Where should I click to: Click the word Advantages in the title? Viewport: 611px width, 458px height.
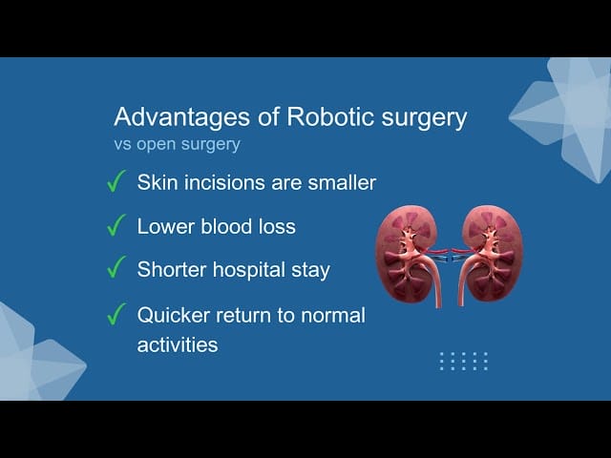[x=182, y=117]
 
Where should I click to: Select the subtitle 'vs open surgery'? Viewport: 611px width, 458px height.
[x=177, y=144]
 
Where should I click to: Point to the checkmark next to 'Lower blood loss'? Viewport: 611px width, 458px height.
[x=116, y=225]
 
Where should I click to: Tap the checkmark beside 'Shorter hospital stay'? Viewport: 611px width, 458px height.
[x=116, y=267]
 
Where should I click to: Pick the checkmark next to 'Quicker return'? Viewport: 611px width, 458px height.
[x=116, y=314]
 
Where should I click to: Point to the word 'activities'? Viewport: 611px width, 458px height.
[x=178, y=344]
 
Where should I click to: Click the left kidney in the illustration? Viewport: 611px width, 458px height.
[x=405, y=254]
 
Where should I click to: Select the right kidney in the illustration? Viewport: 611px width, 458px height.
[x=493, y=253]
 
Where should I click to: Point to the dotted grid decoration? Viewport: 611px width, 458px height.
[x=463, y=361]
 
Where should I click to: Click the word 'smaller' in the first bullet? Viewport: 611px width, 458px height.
[x=342, y=182]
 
